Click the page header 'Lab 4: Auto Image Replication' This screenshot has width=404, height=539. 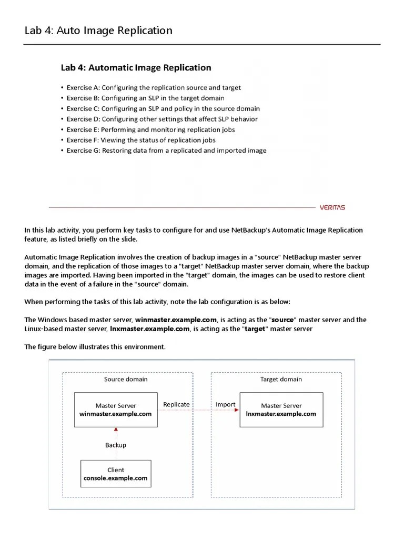tap(98, 31)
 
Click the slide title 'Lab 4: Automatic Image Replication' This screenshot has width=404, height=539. tap(136, 67)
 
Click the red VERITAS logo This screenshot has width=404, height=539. tap(332, 207)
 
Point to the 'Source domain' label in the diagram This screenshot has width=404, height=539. tap(126, 379)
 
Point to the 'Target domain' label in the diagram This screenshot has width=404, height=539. tap(281, 379)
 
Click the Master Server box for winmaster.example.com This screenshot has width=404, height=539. tap(116, 410)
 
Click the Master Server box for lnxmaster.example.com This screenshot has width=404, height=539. tap(281, 410)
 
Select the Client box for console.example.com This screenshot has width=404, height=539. tap(116, 474)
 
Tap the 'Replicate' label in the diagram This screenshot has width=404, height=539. tap(176, 404)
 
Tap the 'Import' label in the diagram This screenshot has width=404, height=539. tap(225, 404)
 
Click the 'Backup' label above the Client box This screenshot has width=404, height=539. tap(116, 445)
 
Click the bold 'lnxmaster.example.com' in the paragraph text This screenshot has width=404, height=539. tap(149, 328)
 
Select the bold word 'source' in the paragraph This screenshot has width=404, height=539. tap(283, 320)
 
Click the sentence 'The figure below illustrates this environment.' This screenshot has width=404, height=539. tap(95, 347)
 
